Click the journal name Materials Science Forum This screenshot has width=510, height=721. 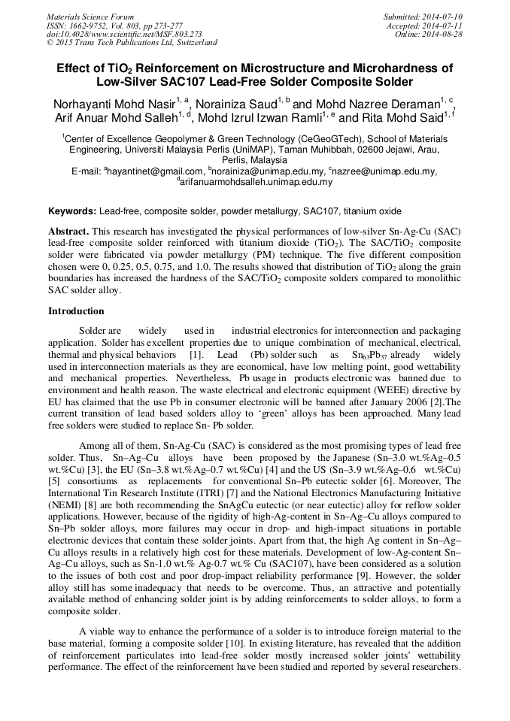coord(90,16)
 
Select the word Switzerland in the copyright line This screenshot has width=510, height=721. coord(196,43)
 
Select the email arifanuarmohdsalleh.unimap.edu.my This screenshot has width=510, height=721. coord(256,182)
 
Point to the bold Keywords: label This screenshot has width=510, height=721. coord(72,212)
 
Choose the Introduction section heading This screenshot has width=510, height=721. coord(77,311)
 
